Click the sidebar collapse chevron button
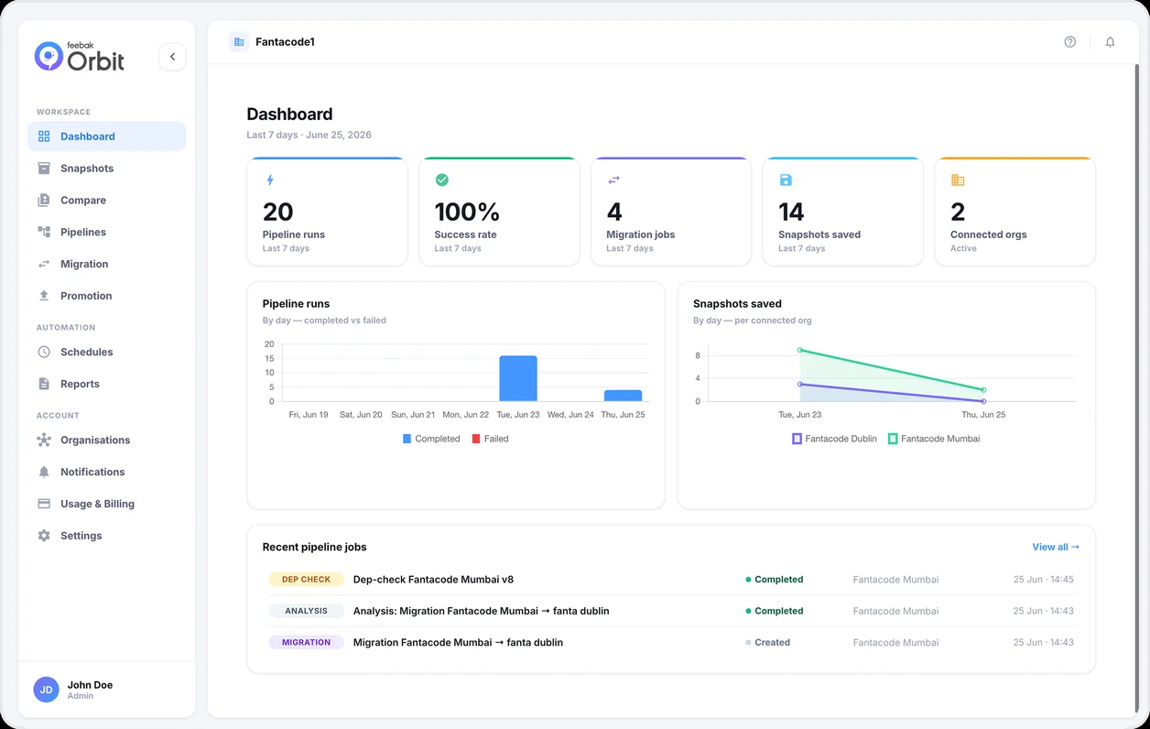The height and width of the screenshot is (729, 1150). click(x=172, y=57)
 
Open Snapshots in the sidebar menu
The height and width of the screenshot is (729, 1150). click(x=87, y=169)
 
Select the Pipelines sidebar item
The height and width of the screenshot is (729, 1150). click(x=83, y=232)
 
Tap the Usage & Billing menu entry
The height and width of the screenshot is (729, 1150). click(x=98, y=504)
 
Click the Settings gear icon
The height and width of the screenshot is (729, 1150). click(x=44, y=536)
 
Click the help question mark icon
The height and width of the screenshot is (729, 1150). click(x=1070, y=42)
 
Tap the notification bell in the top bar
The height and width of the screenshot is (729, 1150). click(x=1110, y=42)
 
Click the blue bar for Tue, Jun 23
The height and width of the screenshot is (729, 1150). click(x=518, y=378)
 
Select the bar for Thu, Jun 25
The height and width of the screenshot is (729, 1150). click(x=623, y=396)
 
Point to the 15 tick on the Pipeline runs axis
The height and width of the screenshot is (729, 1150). click(x=269, y=358)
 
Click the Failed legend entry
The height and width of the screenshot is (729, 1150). click(x=490, y=439)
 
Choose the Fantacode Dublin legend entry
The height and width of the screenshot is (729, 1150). click(x=835, y=439)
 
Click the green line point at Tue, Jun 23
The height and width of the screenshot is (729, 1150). click(x=800, y=350)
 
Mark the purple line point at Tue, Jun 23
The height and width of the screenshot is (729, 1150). click(x=800, y=384)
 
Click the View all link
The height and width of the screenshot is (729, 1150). click(x=1056, y=548)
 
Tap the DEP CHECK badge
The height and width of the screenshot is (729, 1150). click(x=306, y=580)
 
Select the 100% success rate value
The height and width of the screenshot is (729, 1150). click(x=467, y=212)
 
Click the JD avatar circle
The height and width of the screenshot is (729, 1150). click(x=46, y=690)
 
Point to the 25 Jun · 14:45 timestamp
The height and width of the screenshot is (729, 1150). click(x=1043, y=580)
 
